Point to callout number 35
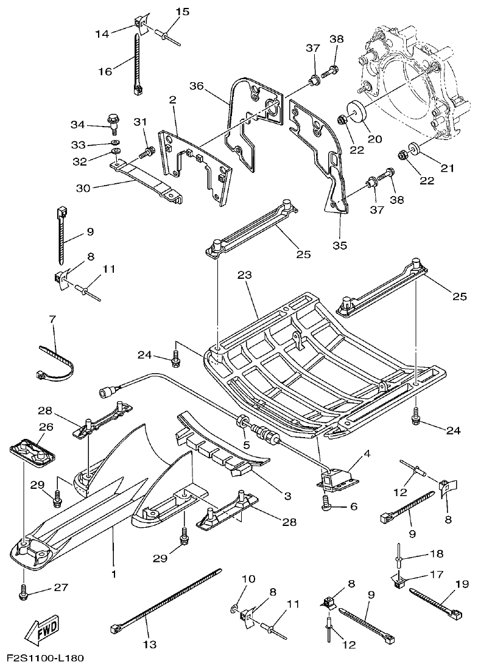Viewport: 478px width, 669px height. pos(339,245)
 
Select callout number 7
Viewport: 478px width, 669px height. pos(52,319)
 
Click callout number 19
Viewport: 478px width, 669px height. pos(461,585)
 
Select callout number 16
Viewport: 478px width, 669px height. pos(105,71)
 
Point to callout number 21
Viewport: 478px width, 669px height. pos(447,168)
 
